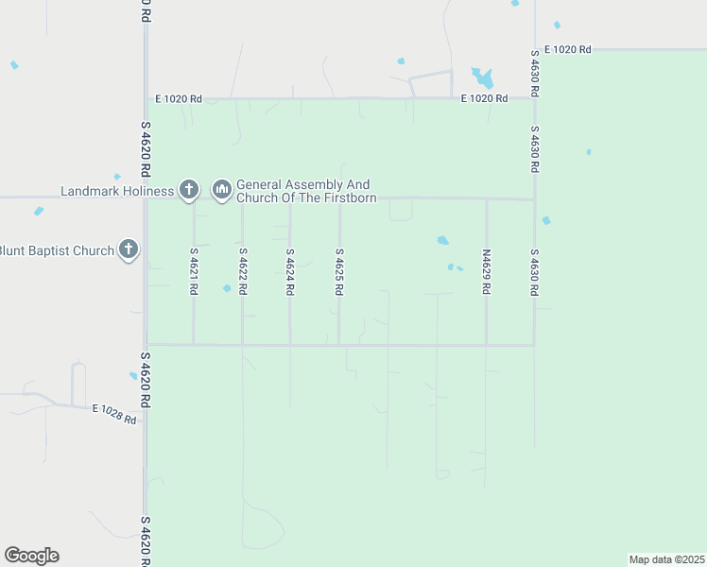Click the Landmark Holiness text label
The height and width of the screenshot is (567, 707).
pyautogui.click(x=117, y=191)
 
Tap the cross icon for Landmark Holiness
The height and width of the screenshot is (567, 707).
pyautogui.click(x=189, y=190)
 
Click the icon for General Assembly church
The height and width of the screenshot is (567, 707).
pyautogui.click(x=222, y=190)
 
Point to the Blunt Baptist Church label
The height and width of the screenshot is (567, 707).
pyautogui.click(x=57, y=250)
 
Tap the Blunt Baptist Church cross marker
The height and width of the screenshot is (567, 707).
pyautogui.click(x=129, y=250)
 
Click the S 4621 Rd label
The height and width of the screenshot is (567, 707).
pyautogui.click(x=194, y=272)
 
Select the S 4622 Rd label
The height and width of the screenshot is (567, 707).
pyautogui.click(x=243, y=272)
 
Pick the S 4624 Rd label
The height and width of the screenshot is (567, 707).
pyautogui.click(x=290, y=272)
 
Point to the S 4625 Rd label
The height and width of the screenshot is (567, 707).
pyautogui.click(x=338, y=272)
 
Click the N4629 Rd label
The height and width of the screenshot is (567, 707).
pyautogui.click(x=486, y=272)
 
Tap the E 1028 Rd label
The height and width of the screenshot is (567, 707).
pyautogui.click(x=115, y=413)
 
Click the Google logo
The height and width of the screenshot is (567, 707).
pyautogui.click(x=31, y=556)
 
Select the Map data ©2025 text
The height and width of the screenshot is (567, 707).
pyautogui.click(x=666, y=558)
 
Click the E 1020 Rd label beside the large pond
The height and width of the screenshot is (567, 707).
pyautogui.click(x=485, y=98)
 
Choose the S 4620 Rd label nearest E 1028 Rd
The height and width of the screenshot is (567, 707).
pyautogui.click(x=146, y=381)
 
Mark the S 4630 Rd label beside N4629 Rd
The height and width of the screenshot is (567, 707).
pyautogui.click(x=534, y=272)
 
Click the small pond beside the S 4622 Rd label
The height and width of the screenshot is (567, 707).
pyautogui.click(x=227, y=288)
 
